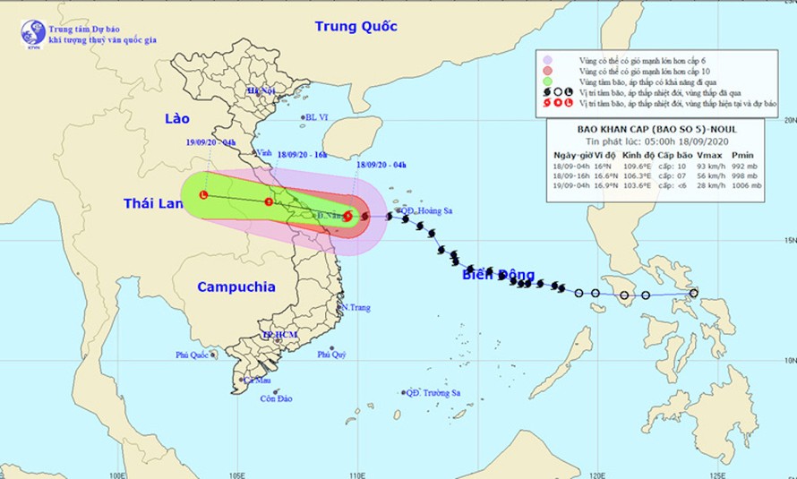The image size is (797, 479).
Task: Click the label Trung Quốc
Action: (x=355, y=27)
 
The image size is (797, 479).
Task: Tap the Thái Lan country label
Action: (x=156, y=205)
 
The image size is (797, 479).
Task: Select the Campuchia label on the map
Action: (x=236, y=287)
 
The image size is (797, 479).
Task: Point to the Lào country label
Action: (x=179, y=119)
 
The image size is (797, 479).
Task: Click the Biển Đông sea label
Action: (x=498, y=275)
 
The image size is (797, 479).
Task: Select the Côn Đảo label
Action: (x=278, y=398)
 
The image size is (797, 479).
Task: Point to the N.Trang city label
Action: (x=355, y=307)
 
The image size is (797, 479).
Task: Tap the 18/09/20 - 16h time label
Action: (x=301, y=154)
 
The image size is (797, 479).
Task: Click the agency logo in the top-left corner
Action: (x=33, y=33)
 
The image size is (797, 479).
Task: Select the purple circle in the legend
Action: (x=547, y=59)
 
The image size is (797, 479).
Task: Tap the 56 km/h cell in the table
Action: (x=709, y=175)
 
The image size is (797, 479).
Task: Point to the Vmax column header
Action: (x=708, y=155)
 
